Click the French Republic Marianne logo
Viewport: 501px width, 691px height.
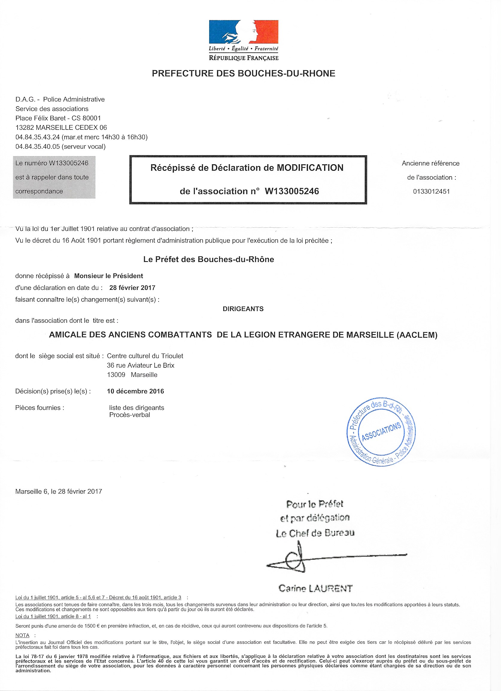244,32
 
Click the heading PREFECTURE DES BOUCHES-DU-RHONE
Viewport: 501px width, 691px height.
244,73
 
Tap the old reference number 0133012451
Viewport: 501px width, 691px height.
431,192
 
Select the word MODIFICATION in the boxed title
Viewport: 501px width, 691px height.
310,168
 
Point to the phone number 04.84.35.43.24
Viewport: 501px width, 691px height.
37,137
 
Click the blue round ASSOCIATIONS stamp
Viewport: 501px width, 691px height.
381,431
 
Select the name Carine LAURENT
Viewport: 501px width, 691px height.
315,588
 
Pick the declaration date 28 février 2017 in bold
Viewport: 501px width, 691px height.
132,288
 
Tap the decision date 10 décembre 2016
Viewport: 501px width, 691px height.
135,392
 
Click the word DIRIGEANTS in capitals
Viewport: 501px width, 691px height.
243,309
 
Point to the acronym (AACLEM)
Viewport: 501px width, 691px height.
417,335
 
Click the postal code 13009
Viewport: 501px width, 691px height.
116,375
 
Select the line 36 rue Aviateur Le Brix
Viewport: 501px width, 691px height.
140,366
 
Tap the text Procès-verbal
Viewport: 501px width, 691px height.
130,415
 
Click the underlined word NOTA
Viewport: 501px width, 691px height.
22,636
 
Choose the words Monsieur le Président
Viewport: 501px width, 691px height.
108,276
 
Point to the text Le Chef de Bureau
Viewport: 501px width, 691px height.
315,533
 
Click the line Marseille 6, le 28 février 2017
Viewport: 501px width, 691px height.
59,491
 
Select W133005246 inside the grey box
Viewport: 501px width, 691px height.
69,163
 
